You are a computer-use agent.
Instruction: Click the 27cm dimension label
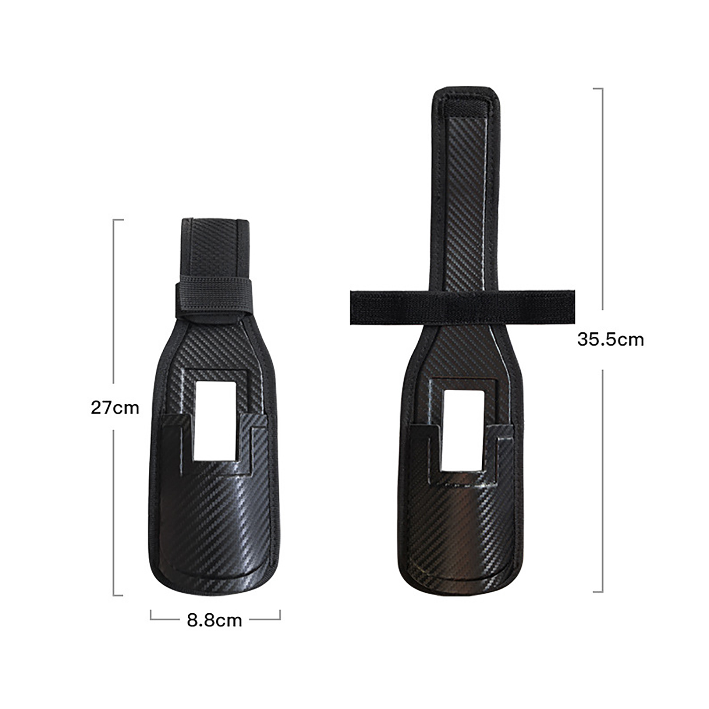tap(115, 408)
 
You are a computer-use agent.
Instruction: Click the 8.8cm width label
tap(214, 620)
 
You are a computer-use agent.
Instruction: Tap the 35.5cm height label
tap(610, 340)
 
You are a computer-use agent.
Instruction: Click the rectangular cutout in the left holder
tap(215, 421)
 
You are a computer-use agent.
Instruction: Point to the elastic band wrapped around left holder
tap(214, 299)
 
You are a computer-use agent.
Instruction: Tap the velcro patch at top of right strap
tap(466, 108)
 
